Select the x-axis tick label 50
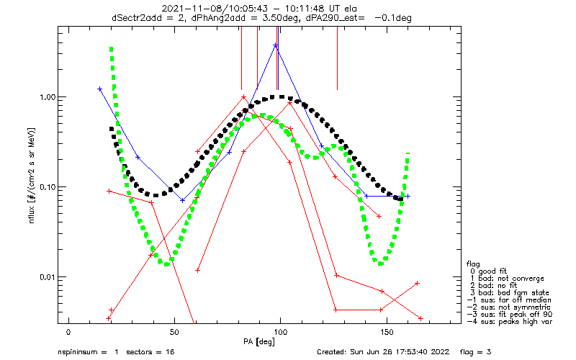point(174,332)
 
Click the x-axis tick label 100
point(280,332)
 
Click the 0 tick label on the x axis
point(68,332)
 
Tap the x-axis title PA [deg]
point(258,341)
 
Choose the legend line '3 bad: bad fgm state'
point(510,292)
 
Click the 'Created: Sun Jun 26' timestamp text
point(357,352)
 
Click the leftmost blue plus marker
point(99,89)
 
